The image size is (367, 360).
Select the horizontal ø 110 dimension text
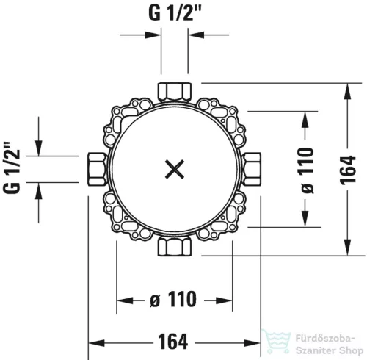click(173, 299)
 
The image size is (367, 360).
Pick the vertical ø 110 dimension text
click(307, 170)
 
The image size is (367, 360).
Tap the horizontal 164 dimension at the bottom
click(173, 342)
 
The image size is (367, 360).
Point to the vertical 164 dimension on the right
click(348, 170)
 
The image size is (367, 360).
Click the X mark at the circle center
click(175, 169)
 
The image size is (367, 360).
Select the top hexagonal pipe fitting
click(175, 92)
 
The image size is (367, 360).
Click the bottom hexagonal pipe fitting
click(174, 246)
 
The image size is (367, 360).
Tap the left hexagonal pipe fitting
click(97, 169)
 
